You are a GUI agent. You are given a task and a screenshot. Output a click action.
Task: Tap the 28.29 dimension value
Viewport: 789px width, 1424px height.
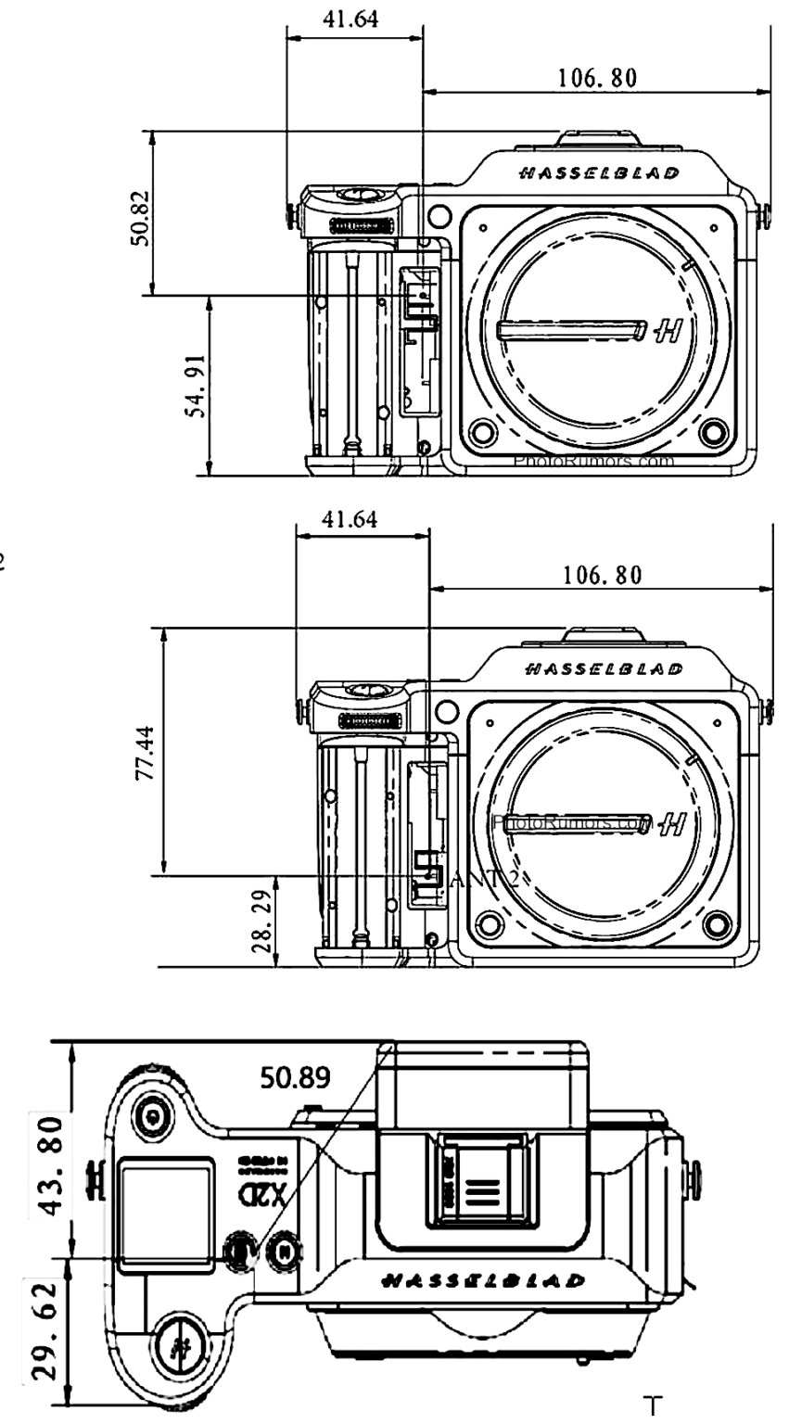(x=262, y=922)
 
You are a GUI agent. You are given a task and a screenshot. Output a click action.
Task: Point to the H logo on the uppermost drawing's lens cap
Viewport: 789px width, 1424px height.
(x=670, y=328)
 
